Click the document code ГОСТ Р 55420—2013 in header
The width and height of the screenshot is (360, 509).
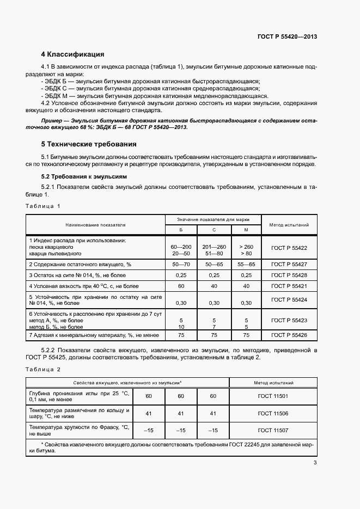[287, 36]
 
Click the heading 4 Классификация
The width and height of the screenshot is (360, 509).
[72, 54]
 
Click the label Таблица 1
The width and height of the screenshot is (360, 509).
[43, 206]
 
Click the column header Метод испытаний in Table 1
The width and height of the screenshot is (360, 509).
[289, 224]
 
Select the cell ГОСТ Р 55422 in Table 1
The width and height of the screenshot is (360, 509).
[289, 248]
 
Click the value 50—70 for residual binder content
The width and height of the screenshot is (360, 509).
[181, 264]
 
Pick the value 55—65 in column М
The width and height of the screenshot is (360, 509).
[246, 264]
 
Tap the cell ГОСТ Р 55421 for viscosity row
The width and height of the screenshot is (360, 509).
[289, 286]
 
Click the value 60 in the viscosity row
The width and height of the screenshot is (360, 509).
[181, 286]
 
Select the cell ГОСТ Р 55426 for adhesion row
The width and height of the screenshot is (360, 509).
[289, 335]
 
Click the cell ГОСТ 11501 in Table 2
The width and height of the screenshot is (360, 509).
[273, 396]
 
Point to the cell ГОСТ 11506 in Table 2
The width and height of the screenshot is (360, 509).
[273, 413]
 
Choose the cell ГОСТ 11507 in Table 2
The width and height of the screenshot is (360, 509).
[273, 430]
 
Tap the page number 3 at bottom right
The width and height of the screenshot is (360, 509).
[315, 463]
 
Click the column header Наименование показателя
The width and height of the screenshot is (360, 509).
[95, 224]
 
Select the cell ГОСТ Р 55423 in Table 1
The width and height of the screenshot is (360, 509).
[289, 321]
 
